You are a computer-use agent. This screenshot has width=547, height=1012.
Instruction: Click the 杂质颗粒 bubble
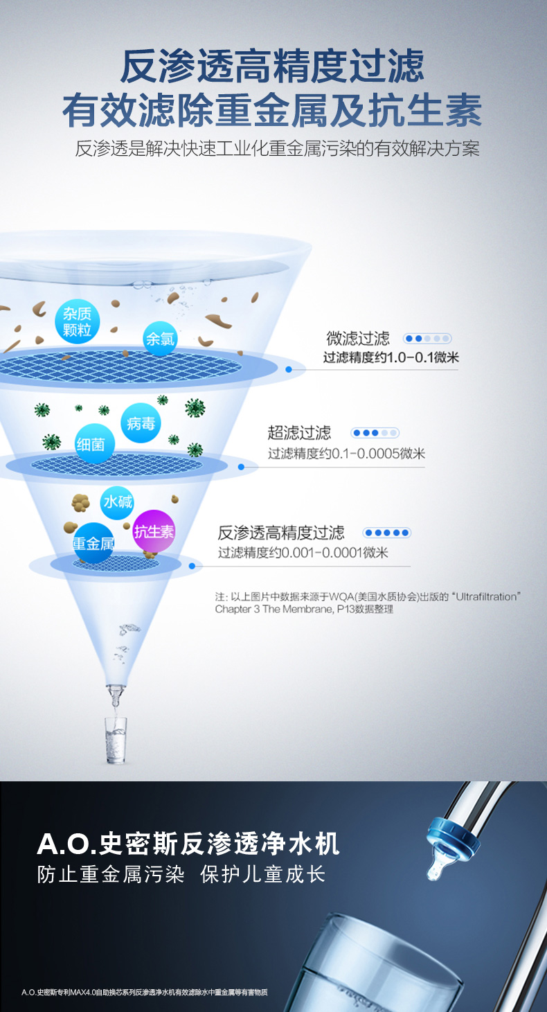[78, 322]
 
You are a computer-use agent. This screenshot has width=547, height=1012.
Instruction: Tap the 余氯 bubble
[160, 339]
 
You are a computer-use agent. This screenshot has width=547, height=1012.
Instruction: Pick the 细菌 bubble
[95, 444]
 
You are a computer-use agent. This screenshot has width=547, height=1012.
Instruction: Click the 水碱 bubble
[118, 501]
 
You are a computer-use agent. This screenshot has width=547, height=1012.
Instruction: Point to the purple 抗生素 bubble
[154, 531]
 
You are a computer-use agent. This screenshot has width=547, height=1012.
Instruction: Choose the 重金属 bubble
[93, 543]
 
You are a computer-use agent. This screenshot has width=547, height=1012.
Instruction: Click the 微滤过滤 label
[358, 339]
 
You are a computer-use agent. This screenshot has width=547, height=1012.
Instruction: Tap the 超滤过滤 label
[299, 433]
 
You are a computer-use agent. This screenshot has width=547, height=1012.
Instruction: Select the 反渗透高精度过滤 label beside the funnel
[280, 533]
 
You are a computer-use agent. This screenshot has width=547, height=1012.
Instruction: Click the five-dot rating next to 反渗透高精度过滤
[387, 533]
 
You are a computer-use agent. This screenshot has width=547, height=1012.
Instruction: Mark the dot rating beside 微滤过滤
[427, 339]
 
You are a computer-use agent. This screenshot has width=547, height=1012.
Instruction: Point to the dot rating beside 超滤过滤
[375, 433]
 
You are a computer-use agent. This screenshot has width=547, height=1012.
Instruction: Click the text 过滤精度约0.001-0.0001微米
[303, 553]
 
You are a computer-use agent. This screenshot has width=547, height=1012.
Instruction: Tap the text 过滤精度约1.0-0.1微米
[391, 358]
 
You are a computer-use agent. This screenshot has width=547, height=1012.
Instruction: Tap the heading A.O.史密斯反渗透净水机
[188, 844]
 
